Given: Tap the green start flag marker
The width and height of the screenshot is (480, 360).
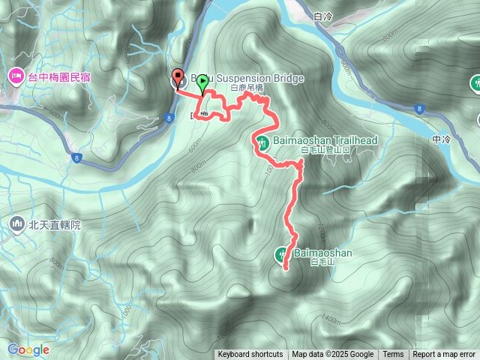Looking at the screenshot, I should [202, 85].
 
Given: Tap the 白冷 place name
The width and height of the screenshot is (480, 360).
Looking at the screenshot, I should [323, 16].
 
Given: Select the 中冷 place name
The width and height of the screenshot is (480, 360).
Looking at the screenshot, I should [443, 140].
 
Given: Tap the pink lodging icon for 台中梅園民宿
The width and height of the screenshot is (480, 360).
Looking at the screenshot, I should [16, 76].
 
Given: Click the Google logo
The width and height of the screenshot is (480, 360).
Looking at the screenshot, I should [28, 349].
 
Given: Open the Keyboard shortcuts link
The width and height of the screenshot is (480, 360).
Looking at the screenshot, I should [250, 355].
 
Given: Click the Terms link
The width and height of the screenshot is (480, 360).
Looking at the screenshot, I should [393, 355].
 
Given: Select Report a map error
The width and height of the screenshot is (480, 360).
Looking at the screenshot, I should [445, 355].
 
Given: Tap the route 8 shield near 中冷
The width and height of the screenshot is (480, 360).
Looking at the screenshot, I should [417, 109].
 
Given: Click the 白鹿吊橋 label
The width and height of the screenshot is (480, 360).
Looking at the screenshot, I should [247, 88].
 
